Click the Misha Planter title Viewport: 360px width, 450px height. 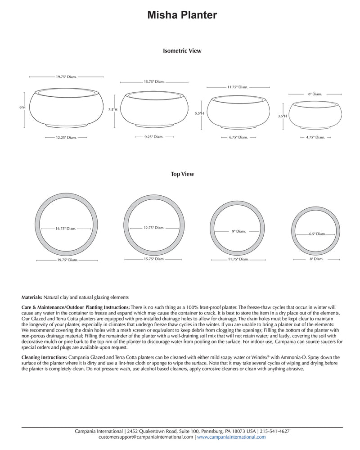click(182, 16)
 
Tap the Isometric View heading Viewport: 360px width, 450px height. click(182, 51)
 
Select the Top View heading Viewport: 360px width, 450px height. click(182, 174)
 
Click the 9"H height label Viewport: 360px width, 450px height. click(22, 108)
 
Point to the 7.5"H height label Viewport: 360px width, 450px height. click(112, 109)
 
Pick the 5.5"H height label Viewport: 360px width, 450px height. click(199, 113)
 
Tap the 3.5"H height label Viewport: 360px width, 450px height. click(283, 116)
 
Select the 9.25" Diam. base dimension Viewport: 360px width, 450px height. click(154, 136)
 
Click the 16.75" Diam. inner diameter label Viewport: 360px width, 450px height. click(67, 229)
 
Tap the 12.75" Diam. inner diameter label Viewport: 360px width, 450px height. click(154, 228)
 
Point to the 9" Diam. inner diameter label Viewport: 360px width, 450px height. click(238, 231)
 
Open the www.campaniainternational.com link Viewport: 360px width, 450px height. click(231, 436)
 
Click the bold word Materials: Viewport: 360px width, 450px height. click(32, 297)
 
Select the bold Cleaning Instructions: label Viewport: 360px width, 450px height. click(45, 357)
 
